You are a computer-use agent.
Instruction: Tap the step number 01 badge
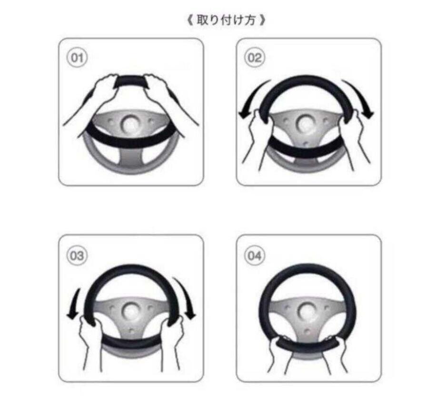[77, 58]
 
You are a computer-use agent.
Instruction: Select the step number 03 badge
[77, 256]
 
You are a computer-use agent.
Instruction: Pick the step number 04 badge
[254, 256]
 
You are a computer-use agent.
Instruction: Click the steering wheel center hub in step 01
[129, 124]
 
